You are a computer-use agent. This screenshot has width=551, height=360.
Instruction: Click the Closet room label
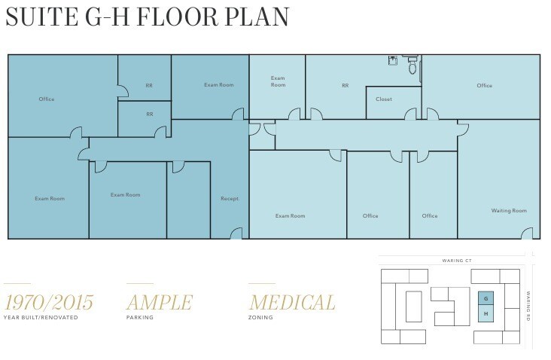tap(384, 99)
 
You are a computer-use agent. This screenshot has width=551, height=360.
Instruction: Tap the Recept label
tap(230, 199)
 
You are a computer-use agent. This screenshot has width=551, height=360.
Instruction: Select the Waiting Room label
tap(509, 211)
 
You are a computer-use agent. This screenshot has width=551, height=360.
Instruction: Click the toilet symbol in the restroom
tap(412, 67)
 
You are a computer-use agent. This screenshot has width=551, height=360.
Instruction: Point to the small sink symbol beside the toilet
tap(393, 61)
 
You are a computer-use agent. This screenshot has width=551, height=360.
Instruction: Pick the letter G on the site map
tap(486, 298)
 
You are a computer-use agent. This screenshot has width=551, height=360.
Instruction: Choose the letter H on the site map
tap(486, 313)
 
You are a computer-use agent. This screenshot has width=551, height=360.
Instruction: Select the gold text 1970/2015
tap(49, 303)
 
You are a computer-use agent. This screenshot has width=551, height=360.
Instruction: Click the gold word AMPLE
tap(159, 303)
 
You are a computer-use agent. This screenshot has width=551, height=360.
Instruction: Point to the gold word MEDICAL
tap(292, 303)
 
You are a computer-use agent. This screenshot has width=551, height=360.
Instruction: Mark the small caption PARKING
tap(140, 318)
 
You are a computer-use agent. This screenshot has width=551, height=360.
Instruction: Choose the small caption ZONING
tap(260, 318)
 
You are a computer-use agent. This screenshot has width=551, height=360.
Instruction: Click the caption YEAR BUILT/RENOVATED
tap(41, 318)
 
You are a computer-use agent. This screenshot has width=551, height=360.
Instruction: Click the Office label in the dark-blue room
tap(47, 99)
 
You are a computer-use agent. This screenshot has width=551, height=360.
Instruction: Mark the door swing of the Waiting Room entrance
tap(527, 233)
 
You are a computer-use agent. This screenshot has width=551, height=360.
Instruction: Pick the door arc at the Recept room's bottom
tap(236, 233)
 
